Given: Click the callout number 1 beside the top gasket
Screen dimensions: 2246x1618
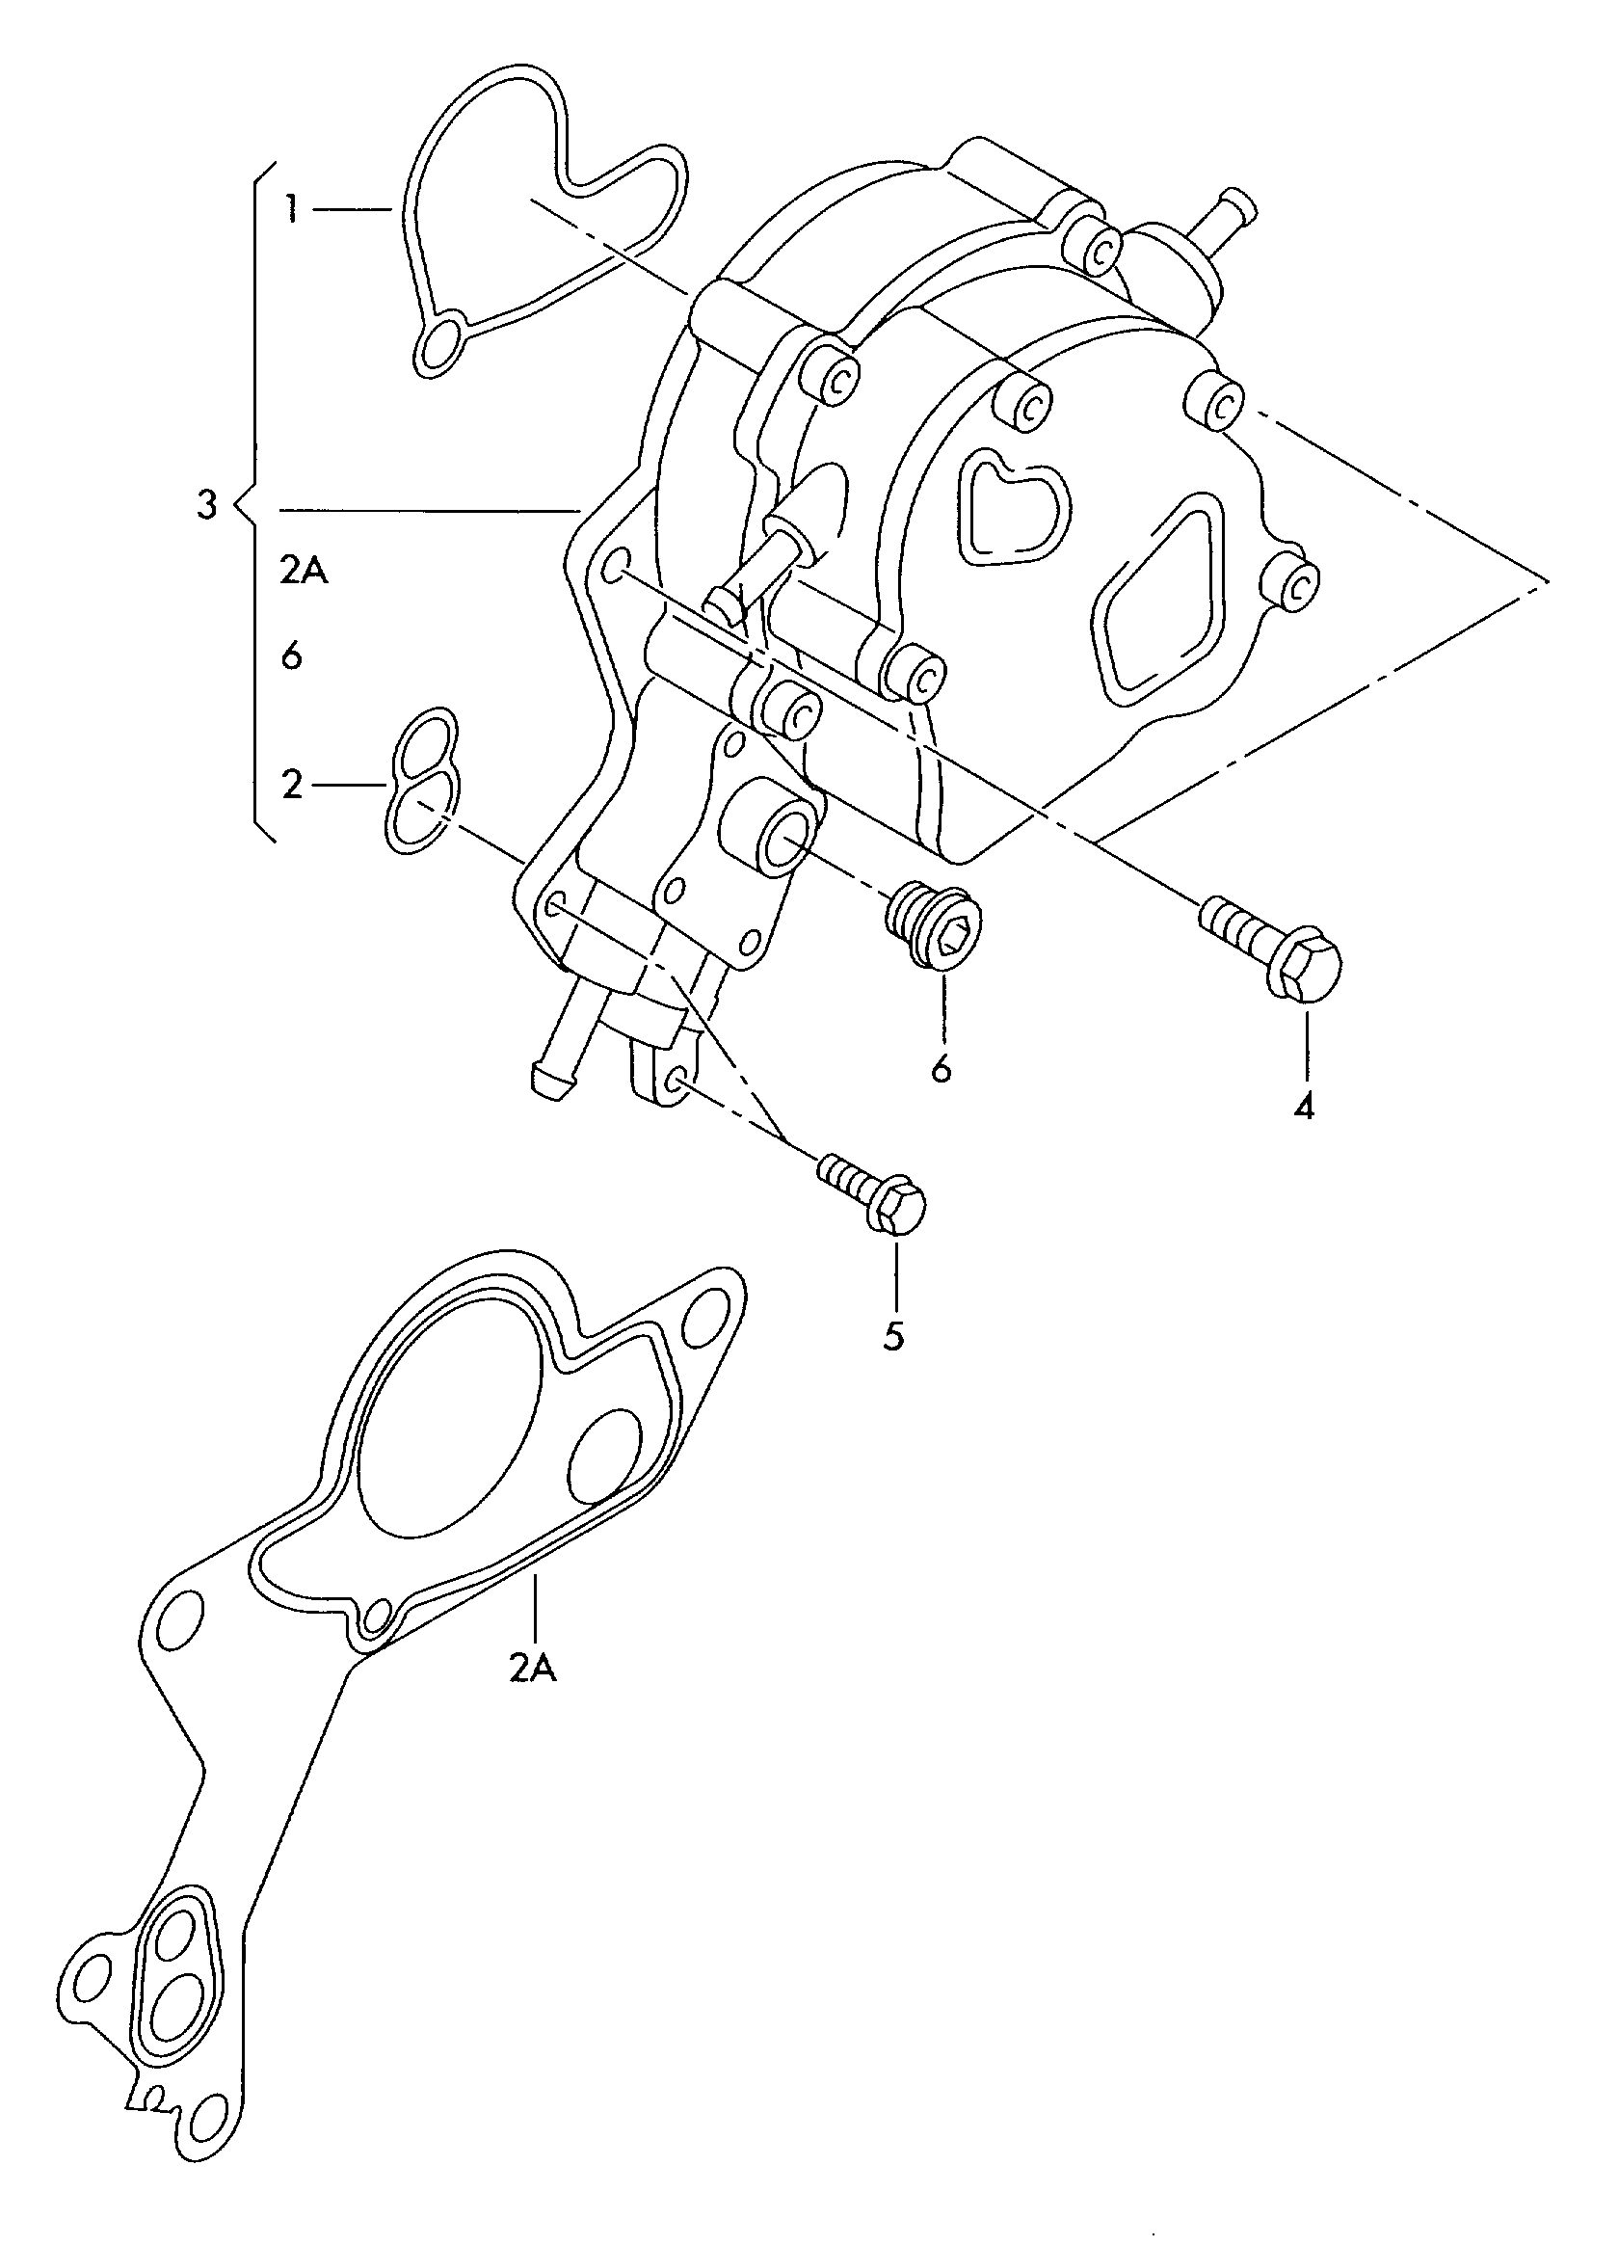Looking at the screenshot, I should (290, 209).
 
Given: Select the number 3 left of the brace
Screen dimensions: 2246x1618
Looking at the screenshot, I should (205, 506).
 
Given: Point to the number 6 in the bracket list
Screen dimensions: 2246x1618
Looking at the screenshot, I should (291, 655).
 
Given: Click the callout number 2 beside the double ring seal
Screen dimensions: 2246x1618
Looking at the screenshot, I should (291, 786).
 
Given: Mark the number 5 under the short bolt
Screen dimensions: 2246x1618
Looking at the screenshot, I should (893, 1337).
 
